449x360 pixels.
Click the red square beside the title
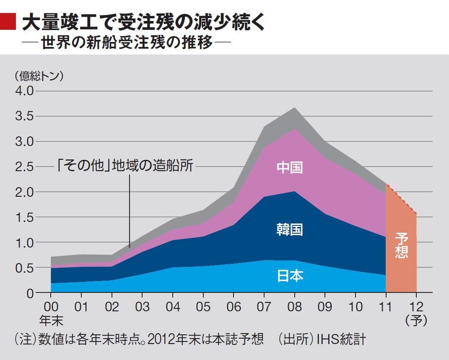tap(8, 21)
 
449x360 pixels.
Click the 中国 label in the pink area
tap(290, 167)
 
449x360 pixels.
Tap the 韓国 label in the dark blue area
tap(290, 230)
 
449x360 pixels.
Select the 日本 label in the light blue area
tap(290, 276)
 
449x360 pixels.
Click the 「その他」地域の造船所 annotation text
tap(125, 166)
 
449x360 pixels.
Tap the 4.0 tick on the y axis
tap(24, 91)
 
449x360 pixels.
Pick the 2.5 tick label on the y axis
tap(24, 167)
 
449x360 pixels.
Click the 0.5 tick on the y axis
tap(24, 268)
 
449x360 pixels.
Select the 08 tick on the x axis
tap(294, 307)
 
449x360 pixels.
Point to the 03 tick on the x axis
tap(142, 307)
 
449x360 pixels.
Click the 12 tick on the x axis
tap(416, 307)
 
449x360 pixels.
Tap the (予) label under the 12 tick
tap(416, 321)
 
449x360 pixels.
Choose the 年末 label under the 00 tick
tap(51, 321)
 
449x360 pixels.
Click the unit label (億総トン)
tap(39, 76)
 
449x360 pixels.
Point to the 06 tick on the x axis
tap(234, 307)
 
